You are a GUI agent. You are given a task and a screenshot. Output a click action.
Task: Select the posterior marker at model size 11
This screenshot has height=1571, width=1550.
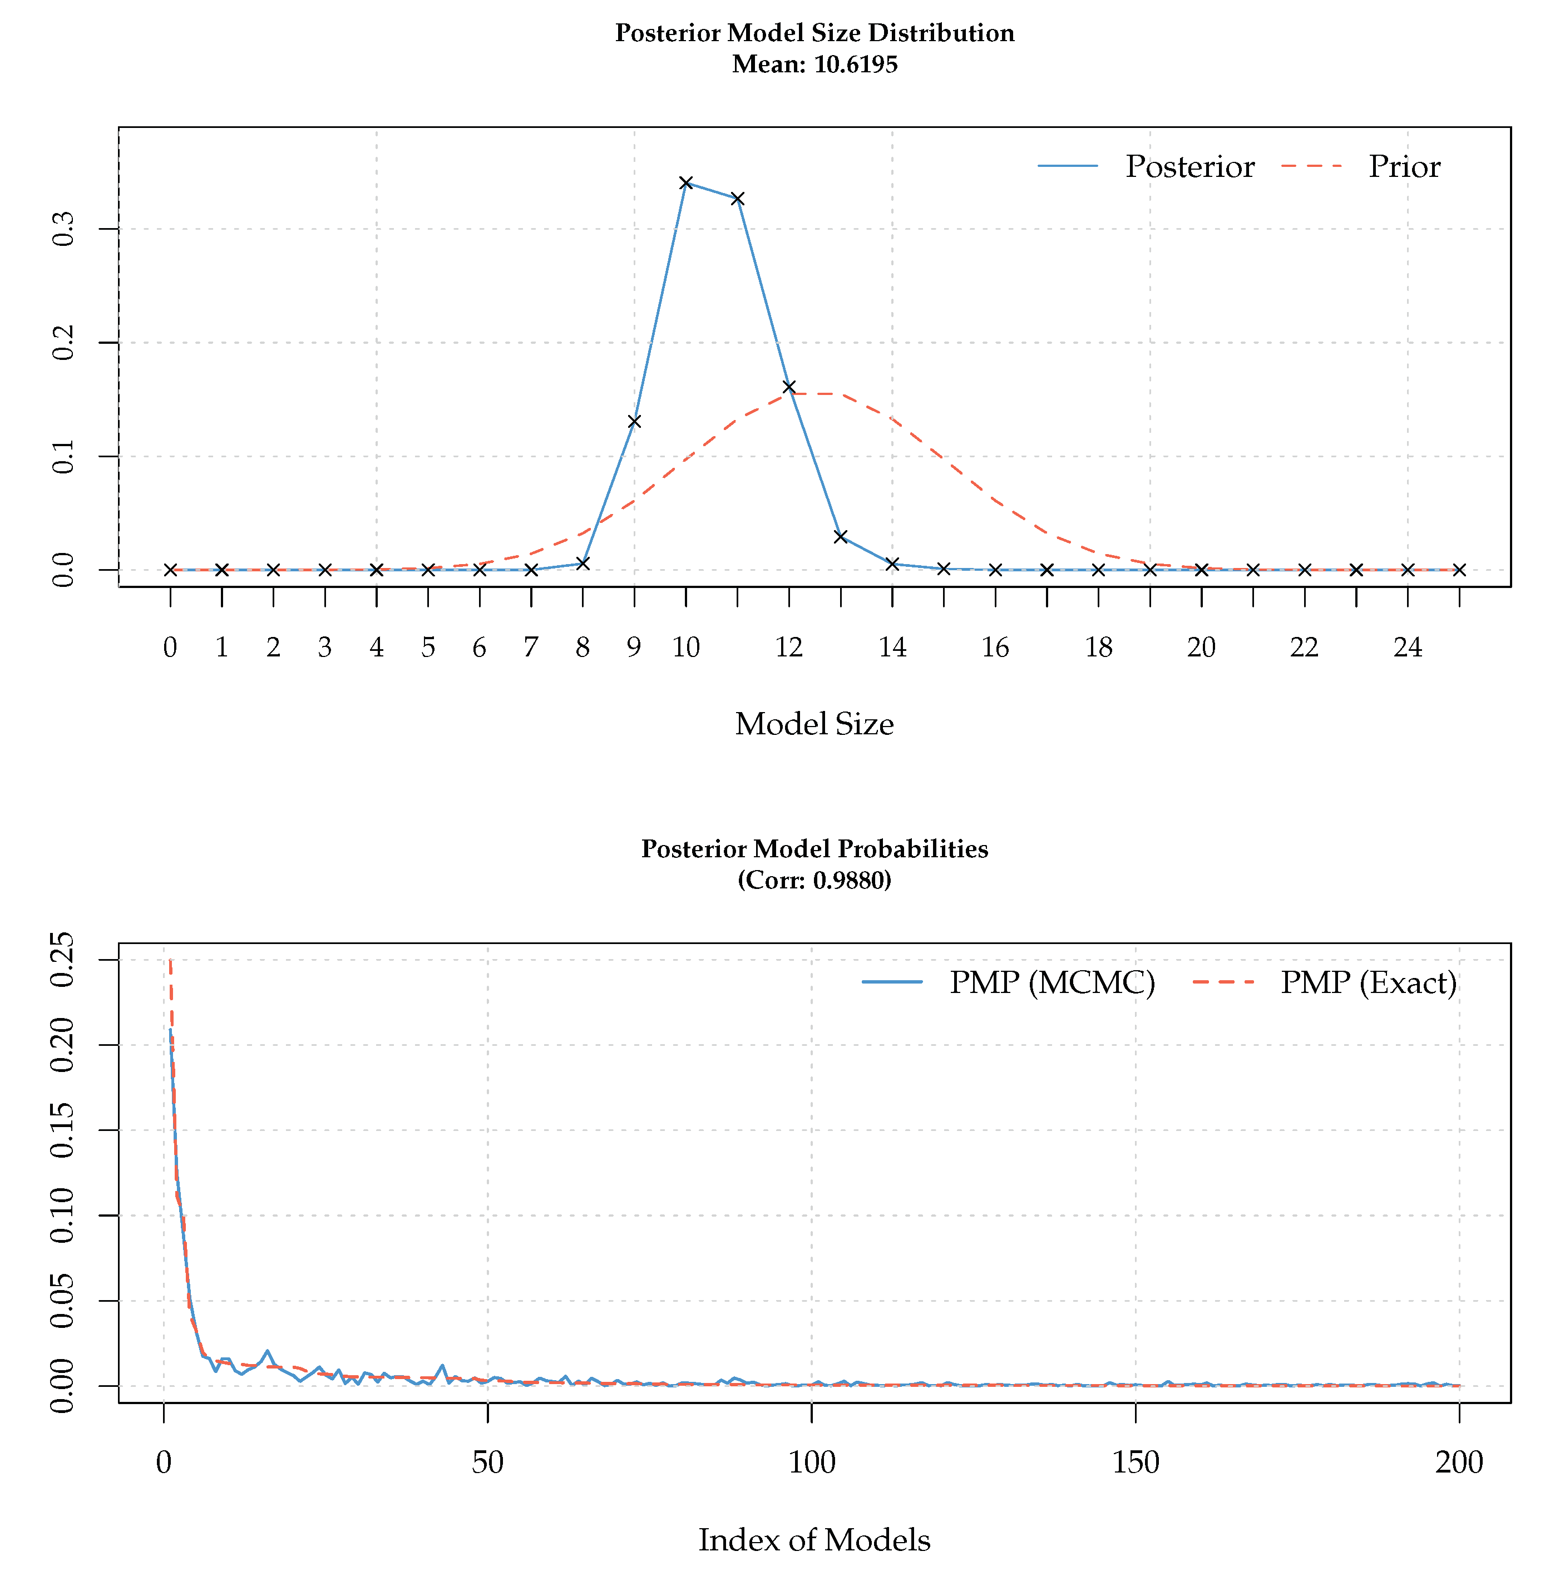(738, 199)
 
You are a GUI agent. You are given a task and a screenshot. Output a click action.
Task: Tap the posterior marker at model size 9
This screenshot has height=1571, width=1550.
(634, 421)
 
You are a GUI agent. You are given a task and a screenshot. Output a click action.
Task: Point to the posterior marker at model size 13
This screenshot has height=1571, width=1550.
(841, 537)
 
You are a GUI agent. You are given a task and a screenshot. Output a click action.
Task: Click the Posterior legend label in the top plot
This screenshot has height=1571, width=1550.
(1189, 167)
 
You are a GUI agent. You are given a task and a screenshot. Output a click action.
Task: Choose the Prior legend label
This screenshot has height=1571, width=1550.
(1404, 167)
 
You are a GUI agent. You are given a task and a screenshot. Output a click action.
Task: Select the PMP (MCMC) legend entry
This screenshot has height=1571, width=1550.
(1052, 982)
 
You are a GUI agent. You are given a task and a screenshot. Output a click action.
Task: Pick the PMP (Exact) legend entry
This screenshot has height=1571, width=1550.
(1368, 982)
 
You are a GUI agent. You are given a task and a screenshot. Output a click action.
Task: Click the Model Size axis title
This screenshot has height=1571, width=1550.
(814, 724)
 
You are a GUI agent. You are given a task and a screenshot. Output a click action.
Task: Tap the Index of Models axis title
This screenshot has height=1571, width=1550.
(814, 1539)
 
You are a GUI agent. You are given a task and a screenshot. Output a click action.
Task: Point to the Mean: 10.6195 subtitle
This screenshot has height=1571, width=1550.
(814, 64)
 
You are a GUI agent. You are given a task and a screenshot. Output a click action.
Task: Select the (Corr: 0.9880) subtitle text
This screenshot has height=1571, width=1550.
(814, 880)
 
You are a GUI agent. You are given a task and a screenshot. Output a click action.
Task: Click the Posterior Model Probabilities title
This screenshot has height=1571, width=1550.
(814, 849)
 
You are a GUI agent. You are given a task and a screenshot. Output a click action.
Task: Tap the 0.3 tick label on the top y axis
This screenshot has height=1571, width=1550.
(63, 229)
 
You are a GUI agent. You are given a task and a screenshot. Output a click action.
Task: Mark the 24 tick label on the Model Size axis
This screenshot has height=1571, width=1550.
(1408, 648)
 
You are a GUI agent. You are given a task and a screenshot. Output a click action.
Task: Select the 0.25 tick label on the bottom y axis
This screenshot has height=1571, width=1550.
(63, 960)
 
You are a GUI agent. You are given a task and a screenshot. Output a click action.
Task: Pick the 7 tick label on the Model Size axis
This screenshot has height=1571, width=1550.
(531, 648)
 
